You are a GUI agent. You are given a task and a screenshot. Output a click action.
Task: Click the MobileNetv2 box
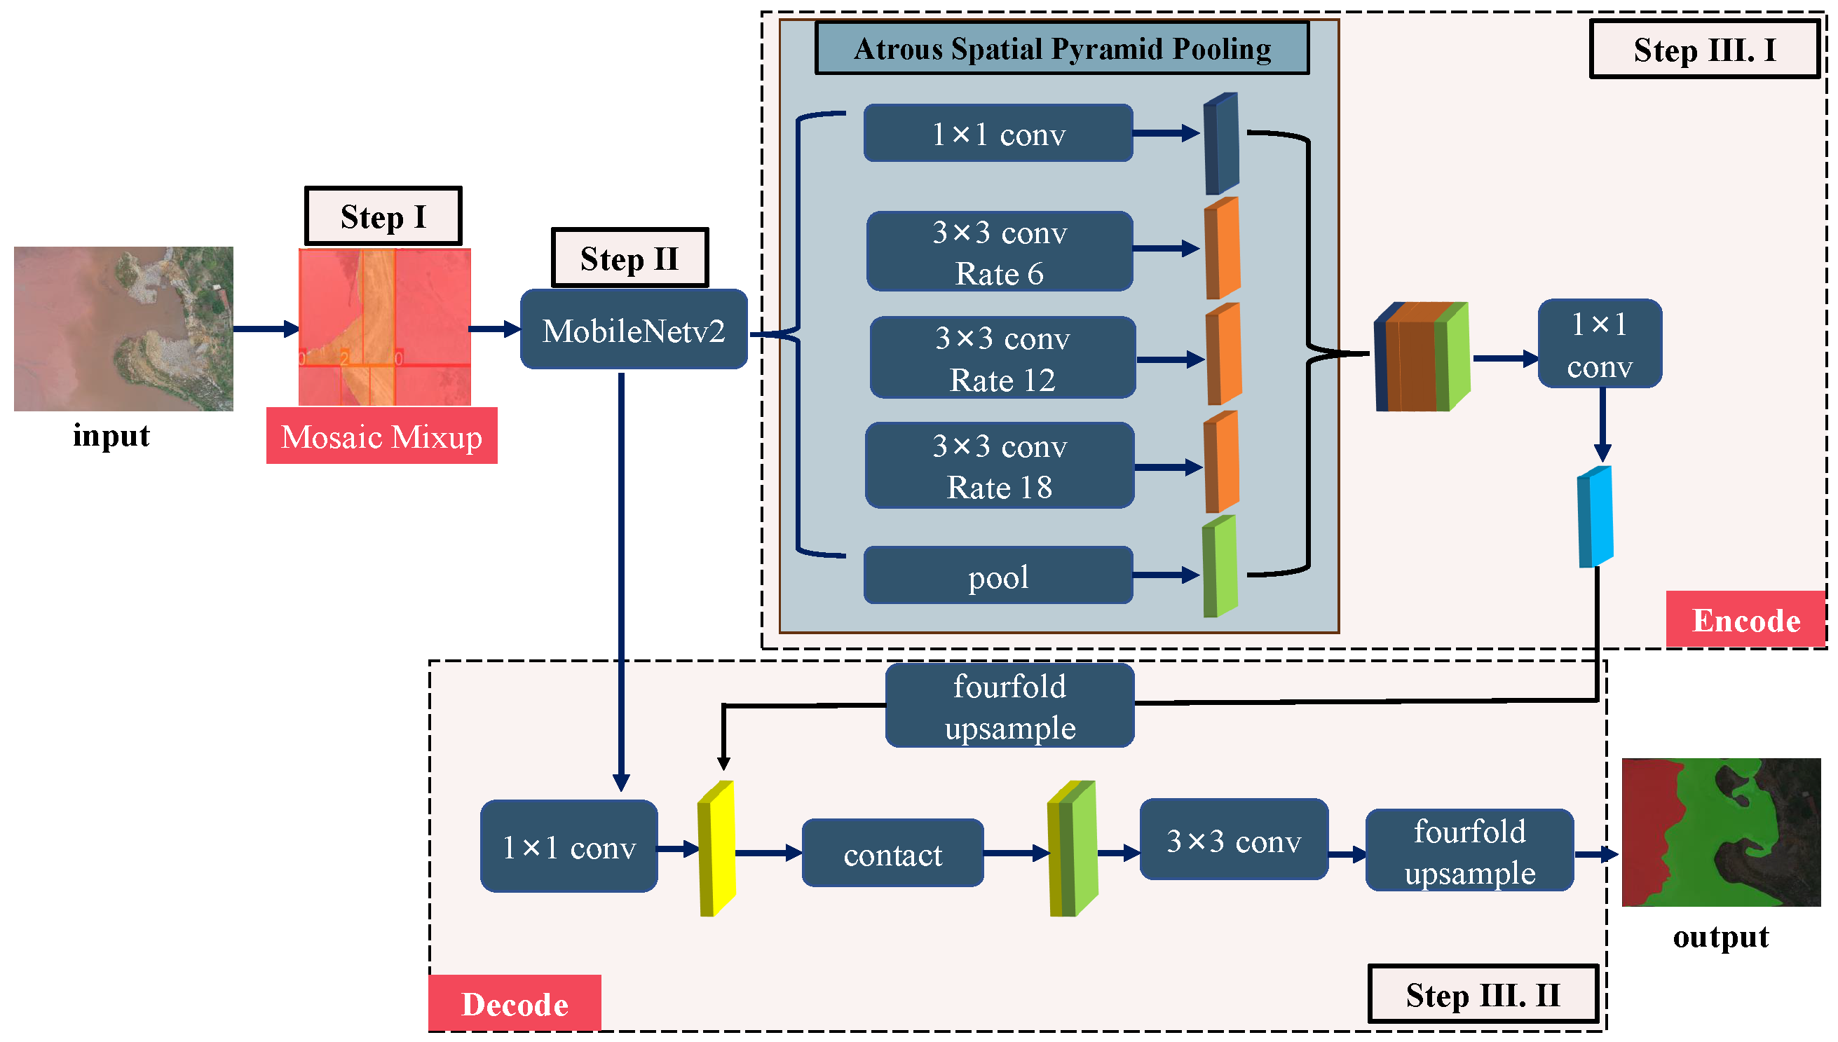click(634, 329)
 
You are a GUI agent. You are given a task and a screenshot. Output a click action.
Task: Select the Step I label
click(383, 216)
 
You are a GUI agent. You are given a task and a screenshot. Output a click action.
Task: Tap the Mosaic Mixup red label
click(381, 436)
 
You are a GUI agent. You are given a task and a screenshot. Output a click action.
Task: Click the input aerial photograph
click(123, 329)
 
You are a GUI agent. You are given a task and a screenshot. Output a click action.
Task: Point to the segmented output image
click(1720, 832)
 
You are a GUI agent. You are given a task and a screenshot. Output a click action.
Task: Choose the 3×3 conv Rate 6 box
click(999, 252)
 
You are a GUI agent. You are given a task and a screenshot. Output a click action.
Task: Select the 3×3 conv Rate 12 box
click(1002, 358)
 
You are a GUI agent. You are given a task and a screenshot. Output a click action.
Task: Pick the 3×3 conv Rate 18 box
click(999, 466)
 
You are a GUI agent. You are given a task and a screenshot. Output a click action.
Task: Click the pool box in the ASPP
click(998, 576)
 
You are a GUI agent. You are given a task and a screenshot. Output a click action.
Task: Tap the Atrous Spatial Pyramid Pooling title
click(1061, 48)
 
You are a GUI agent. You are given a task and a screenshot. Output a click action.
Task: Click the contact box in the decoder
click(892, 854)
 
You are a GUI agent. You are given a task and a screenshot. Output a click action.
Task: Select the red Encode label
click(1745, 619)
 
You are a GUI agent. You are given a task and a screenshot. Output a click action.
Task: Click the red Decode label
click(514, 1003)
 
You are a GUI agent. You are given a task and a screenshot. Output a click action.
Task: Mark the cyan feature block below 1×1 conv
click(1595, 516)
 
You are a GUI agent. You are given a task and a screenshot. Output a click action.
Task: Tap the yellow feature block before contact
click(716, 849)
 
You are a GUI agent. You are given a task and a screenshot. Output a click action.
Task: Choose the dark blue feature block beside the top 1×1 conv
click(1221, 144)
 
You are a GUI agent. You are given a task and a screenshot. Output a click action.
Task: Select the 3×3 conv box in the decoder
click(1233, 840)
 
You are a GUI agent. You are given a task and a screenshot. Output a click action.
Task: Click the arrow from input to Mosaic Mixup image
click(265, 329)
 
